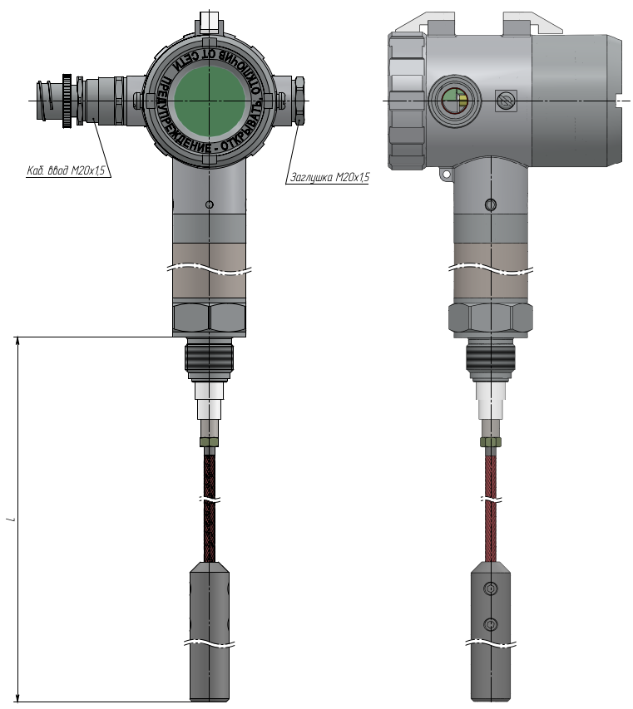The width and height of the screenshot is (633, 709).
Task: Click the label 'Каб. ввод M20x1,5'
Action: click(x=66, y=170)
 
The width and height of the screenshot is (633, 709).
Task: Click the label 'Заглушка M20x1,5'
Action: click(x=329, y=177)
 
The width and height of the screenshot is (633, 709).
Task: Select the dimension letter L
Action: click(x=13, y=519)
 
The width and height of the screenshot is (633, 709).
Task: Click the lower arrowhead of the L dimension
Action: click(x=18, y=697)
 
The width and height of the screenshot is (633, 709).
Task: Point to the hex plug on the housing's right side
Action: click(x=299, y=101)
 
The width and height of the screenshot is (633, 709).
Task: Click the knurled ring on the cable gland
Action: click(x=67, y=101)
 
